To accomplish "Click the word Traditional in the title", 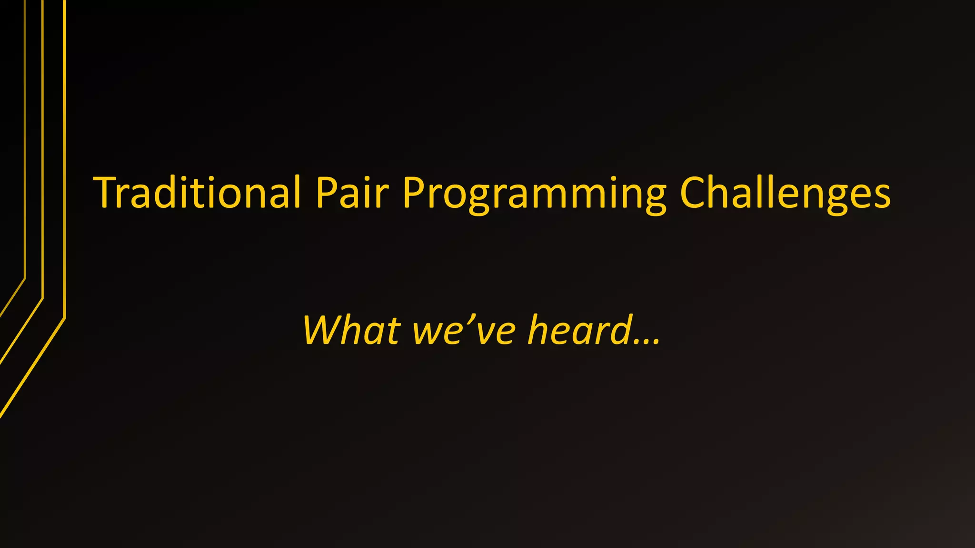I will click(197, 193).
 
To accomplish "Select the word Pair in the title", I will click(352, 193).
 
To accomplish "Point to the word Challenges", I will click(785, 193).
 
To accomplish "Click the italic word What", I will click(351, 330).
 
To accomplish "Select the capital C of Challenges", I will click(696, 192).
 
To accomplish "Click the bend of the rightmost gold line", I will click(64, 318).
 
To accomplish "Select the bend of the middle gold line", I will click(43, 298).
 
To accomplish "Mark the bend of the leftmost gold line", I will click(25, 278).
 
